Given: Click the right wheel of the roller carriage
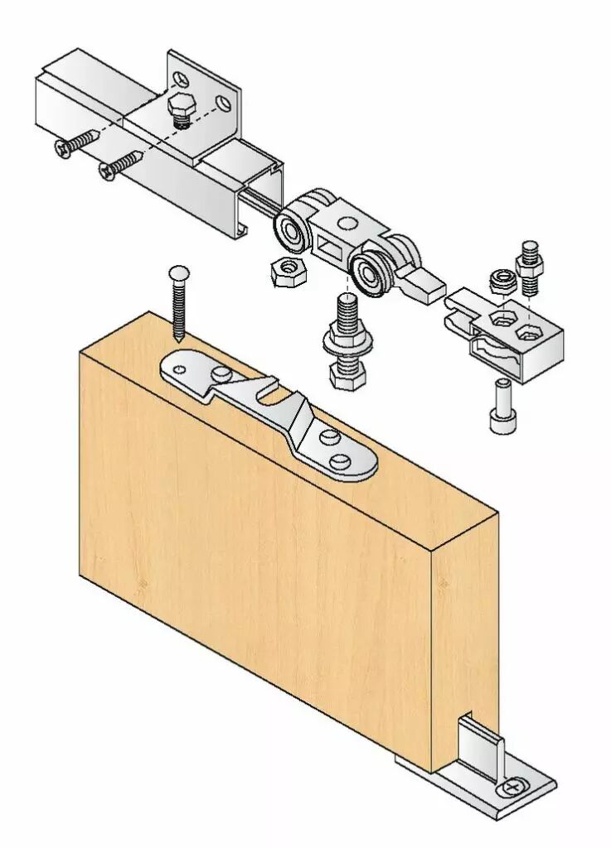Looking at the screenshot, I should (369, 271).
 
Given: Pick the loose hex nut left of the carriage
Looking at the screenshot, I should (288, 270).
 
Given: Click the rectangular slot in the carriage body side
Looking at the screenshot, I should (331, 246).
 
